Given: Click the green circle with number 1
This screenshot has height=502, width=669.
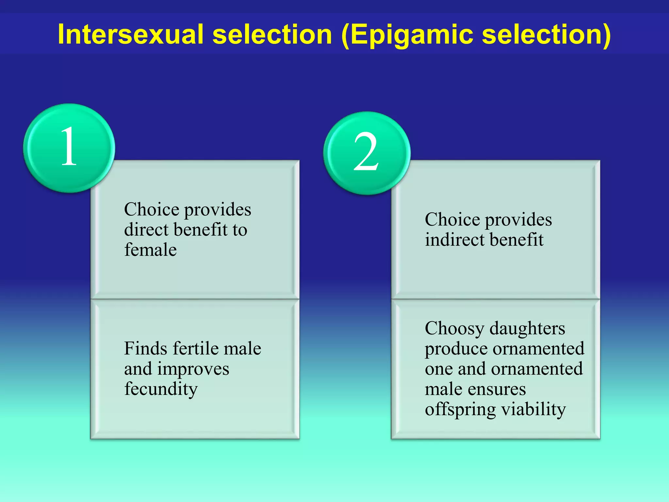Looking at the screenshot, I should point(69,148).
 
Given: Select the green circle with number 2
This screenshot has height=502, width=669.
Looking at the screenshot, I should point(367,153).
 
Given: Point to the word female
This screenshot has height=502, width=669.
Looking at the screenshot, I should point(150,250).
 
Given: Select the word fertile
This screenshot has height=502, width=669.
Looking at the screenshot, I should point(191,348).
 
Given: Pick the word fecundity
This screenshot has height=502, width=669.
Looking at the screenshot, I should point(161,389).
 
